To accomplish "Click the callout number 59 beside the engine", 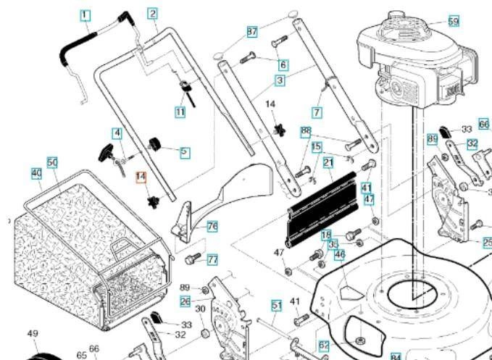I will [454, 21].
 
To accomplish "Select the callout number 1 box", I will [86, 14].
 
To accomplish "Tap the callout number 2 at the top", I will [152, 13].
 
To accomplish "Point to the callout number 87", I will [252, 32].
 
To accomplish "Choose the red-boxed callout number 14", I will [141, 176].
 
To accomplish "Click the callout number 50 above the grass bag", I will [52, 162].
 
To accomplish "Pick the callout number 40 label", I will [36, 174].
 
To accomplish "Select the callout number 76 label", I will [212, 226].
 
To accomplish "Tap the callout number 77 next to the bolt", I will [212, 259].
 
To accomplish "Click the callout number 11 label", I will [180, 112].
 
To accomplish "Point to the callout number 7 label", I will [317, 112].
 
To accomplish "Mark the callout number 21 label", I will [328, 162].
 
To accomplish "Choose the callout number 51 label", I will [276, 305].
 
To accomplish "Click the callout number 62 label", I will [324, 346].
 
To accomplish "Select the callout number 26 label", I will [185, 301].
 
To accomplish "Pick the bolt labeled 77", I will [193, 257].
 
